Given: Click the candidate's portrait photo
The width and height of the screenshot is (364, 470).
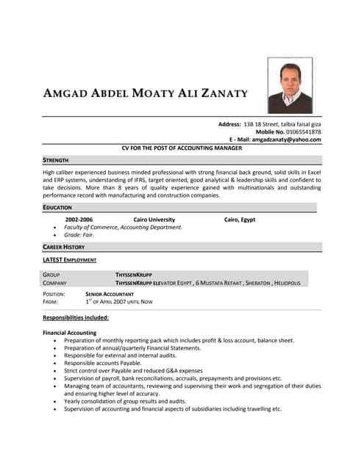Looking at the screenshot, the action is tap(290, 85).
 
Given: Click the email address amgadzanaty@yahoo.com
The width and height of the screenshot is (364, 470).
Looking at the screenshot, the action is tap(286, 140).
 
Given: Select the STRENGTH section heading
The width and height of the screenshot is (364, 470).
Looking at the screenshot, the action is tap(56, 159).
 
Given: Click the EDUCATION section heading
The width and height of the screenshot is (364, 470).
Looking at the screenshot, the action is tap(57, 208).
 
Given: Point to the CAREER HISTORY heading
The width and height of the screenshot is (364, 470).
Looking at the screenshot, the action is tap(64, 247).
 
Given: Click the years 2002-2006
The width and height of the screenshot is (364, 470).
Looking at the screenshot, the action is tap(79, 220).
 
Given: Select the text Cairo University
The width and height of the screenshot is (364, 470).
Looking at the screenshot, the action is tap(154, 220).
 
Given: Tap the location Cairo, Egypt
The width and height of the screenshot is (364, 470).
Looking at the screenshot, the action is tap(240, 220).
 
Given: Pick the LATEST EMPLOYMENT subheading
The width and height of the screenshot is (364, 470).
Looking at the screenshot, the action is tap(69, 260).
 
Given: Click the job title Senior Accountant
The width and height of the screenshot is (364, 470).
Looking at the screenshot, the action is tap(110, 294).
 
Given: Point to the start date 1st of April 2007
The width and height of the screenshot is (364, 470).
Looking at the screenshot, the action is tap(118, 302).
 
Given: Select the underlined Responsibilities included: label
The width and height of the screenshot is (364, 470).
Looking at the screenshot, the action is tap(76, 317).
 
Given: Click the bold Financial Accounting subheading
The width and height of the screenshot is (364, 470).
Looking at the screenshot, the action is tap(70, 333).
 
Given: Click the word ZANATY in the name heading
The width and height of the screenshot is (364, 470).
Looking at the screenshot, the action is tap(221, 94).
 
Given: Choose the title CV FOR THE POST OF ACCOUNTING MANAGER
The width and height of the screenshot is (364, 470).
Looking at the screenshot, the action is tap(182, 148).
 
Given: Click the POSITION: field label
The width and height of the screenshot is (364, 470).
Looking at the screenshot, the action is tap(54, 294).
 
